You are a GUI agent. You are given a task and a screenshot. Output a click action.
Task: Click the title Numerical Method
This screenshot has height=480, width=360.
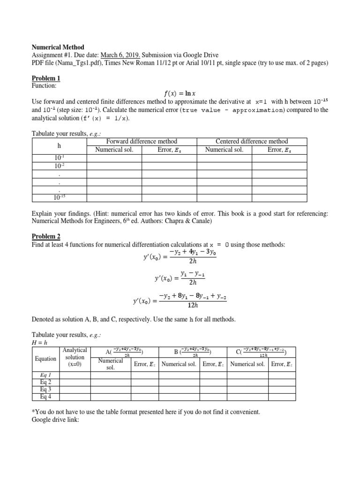pos(58,47)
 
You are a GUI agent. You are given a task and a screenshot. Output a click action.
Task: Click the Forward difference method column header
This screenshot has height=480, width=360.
pos(142,141)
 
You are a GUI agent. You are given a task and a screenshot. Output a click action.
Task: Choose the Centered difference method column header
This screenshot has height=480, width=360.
pos(252,141)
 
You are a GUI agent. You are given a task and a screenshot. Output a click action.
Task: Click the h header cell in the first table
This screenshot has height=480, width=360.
pos(59,145)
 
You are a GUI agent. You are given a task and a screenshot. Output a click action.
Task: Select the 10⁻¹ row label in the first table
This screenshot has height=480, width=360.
pos(59,158)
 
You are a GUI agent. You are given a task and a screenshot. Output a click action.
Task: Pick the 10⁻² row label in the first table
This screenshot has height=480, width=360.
pos(59,166)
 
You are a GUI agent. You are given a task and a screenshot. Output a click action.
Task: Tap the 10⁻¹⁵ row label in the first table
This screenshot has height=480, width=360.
pos(59,197)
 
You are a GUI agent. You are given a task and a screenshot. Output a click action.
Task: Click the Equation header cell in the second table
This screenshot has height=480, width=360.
pos(45,359)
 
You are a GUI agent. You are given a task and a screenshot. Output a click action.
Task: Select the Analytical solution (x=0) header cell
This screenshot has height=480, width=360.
pos(75,357)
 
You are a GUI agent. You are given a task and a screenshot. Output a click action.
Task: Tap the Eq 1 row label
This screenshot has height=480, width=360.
pos(45,375)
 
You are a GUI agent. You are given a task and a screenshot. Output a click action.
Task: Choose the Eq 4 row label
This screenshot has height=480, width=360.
pos(45,397)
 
